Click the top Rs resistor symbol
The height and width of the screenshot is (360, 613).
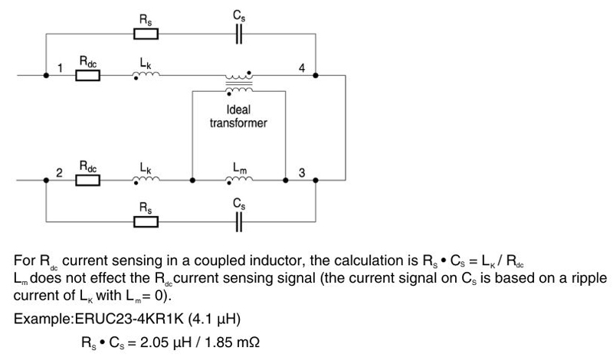146,34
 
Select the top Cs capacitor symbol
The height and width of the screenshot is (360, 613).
239,34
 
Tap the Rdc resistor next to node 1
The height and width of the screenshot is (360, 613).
88,76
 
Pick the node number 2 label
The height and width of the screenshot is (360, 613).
58,174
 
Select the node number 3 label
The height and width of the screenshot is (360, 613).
302,174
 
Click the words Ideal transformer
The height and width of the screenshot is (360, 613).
238,116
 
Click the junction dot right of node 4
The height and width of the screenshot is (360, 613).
315,76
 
